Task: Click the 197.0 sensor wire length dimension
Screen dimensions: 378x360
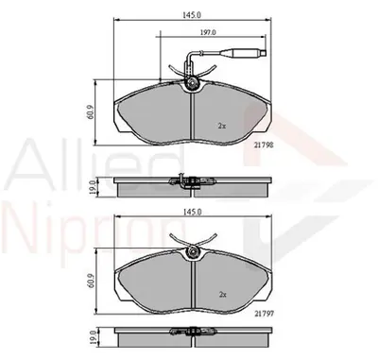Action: tap(208, 32)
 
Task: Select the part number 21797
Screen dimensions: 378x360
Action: tap(265, 314)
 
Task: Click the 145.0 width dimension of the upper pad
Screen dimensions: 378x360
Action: tap(193, 15)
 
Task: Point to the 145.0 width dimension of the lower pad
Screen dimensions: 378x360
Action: tap(193, 212)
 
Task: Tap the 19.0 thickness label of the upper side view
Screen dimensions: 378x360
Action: tap(92, 188)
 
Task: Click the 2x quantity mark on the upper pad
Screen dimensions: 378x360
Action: tap(222, 126)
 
